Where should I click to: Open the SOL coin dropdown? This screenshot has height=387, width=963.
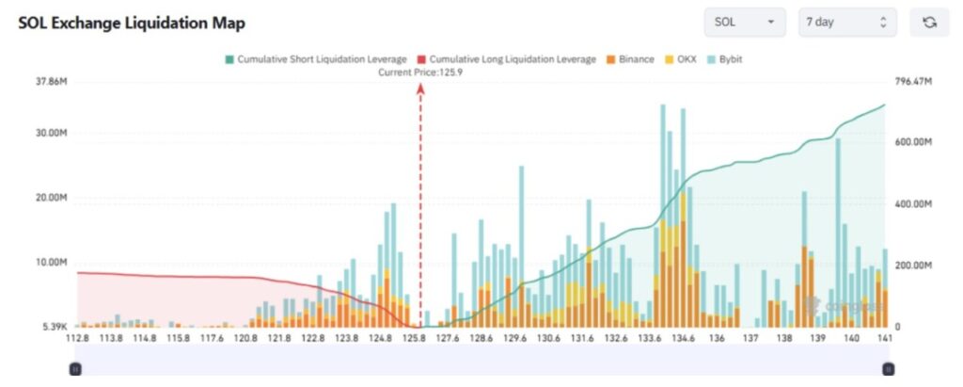(x=744, y=22)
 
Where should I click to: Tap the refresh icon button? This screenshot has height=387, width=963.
(x=929, y=22)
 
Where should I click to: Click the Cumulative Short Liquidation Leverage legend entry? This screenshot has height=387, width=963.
(x=314, y=59)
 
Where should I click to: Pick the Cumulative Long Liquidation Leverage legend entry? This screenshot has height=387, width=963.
(x=506, y=59)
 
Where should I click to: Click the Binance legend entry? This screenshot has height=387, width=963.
(x=629, y=59)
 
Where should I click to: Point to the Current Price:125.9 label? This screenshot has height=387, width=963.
(x=419, y=72)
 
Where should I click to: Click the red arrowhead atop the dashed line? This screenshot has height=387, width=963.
(x=419, y=88)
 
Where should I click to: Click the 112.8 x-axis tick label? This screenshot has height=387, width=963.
(x=78, y=338)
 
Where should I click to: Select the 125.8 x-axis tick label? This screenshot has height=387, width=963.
(x=414, y=338)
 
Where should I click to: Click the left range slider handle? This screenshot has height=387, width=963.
(x=76, y=369)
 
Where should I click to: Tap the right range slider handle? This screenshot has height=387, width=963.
(x=888, y=369)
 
